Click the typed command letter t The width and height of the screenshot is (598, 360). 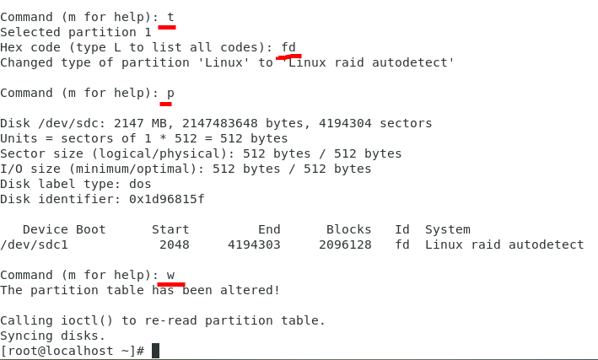pyautogui.click(x=170, y=17)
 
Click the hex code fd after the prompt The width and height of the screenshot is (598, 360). pyautogui.click(x=288, y=47)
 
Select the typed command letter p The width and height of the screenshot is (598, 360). pyautogui.click(x=170, y=93)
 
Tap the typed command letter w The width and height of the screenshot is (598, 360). pyautogui.click(x=170, y=275)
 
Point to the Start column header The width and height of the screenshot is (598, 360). pyautogui.click(x=170, y=229)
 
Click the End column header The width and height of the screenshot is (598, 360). pyautogui.click(x=269, y=229)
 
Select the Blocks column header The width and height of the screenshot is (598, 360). pyautogui.click(x=348, y=229)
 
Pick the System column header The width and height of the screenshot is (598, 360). pyautogui.click(x=447, y=229)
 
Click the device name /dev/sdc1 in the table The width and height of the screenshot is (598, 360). pyautogui.click(x=34, y=244)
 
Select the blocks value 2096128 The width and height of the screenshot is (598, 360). pyautogui.click(x=345, y=244)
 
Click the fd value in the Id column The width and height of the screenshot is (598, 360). pyautogui.click(x=402, y=244)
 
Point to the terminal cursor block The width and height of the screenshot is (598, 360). pyautogui.click(x=155, y=351)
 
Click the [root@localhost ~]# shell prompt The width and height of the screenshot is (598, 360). pyautogui.click(x=72, y=351)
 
